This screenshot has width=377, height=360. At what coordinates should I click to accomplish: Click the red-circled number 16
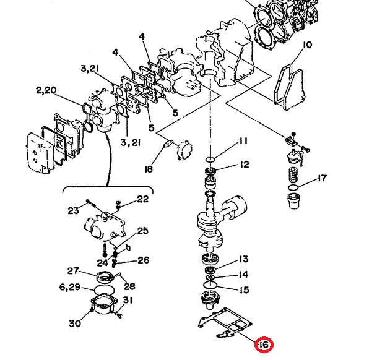[x=264, y=345]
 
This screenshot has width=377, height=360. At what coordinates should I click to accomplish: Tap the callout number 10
[x=308, y=44]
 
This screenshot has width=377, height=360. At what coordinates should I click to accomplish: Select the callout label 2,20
[x=46, y=91]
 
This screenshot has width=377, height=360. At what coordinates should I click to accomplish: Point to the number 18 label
[x=149, y=169]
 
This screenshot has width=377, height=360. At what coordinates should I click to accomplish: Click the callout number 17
[x=322, y=179]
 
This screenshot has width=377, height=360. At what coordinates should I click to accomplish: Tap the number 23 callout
[x=73, y=210]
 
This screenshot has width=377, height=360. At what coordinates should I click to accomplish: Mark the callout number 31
[x=128, y=301]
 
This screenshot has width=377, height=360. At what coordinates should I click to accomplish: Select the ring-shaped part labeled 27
[x=103, y=276]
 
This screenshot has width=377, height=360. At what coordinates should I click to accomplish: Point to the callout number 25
[x=143, y=231]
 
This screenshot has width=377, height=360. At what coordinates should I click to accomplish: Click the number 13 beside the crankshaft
[x=243, y=259]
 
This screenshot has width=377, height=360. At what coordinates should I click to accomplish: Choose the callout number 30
[x=75, y=324]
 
